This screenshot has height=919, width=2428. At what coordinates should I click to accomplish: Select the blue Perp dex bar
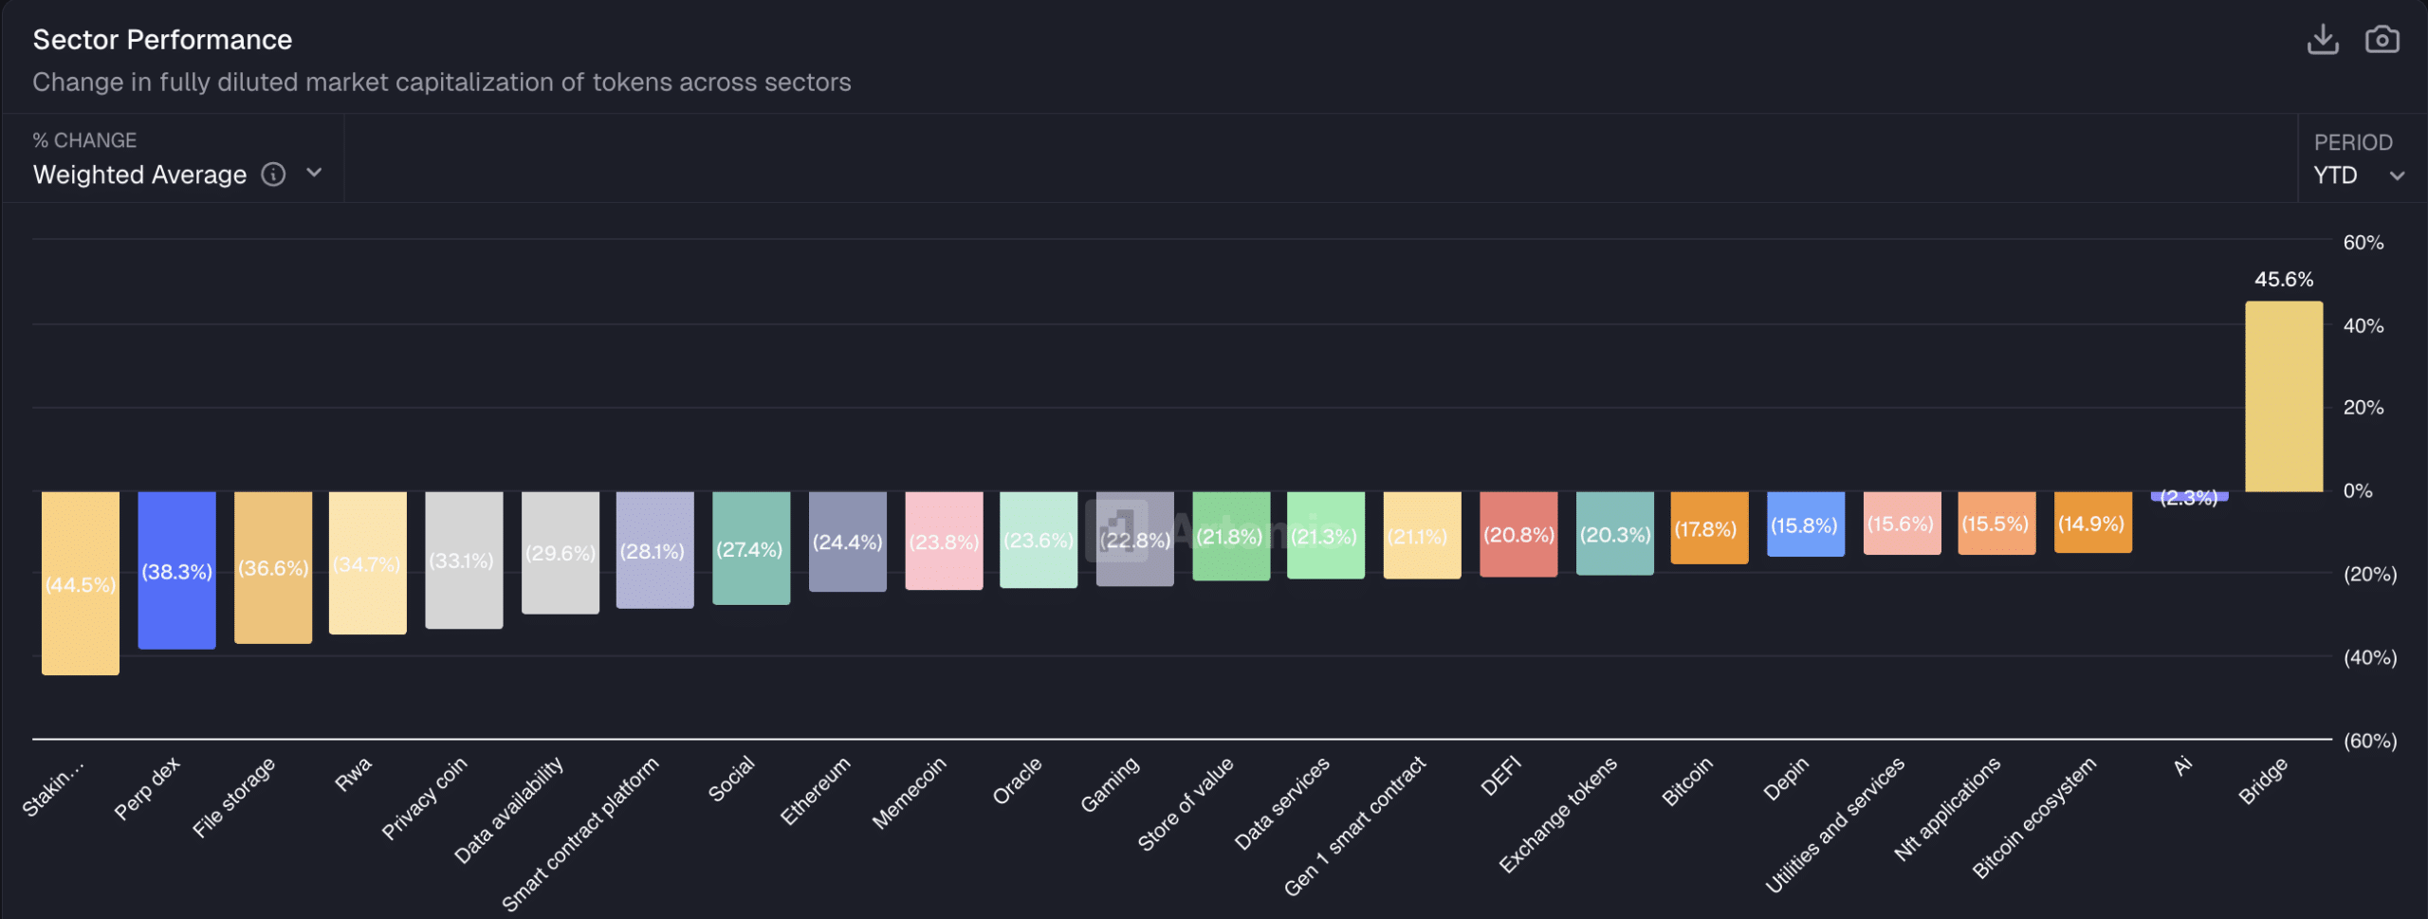click(176, 570)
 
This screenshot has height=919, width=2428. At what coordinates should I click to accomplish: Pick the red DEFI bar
click(1517, 534)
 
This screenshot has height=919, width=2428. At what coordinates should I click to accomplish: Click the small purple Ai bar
click(2188, 496)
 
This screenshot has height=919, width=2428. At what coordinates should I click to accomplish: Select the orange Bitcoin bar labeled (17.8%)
click(1709, 528)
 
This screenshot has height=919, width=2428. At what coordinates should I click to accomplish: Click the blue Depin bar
click(1805, 524)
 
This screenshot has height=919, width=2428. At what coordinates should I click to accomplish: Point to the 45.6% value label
click(2283, 280)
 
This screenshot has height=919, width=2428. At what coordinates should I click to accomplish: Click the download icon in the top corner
click(2323, 40)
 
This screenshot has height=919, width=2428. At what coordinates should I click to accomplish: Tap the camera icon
click(2382, 40)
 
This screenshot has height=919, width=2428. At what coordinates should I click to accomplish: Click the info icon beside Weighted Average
click(273, 175)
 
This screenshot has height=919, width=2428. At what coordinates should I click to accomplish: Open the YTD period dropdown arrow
click(2397, 176)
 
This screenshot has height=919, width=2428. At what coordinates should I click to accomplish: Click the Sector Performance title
click(162, 40)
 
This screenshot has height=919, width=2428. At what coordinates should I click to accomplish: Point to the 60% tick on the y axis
click(2363, 243)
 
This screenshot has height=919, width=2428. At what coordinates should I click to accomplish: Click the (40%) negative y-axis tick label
click(2369, 657)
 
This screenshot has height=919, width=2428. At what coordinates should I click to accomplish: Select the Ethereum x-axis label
click(815, 791)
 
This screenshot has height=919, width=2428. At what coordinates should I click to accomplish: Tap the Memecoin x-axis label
click(909, 793)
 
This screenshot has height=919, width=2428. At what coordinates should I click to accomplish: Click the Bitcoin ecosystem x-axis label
click(2033, 818)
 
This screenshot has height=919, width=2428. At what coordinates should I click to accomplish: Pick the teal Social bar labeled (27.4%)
click(750, 548)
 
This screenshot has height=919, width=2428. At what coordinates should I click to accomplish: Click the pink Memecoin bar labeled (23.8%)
click(944, 541)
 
